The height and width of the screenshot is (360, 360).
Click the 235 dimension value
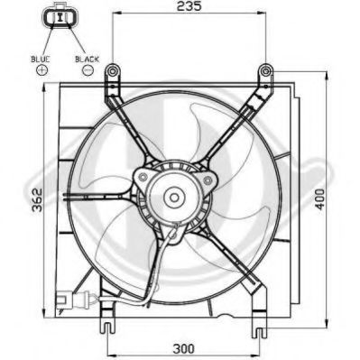[189, 5]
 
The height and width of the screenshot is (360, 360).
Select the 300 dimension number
[184, 349]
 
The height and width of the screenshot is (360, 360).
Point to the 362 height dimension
[37, 200]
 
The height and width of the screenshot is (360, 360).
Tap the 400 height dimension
[319, 199]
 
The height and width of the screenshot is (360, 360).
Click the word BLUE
[41, 60]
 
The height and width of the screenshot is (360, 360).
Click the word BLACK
[87, 60]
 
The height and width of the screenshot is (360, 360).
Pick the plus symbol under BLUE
[42, 70]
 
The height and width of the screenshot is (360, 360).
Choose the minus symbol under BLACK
[88, 70]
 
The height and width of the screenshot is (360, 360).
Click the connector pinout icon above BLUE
[61, 15]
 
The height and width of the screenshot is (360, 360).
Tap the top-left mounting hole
[113, 71]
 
